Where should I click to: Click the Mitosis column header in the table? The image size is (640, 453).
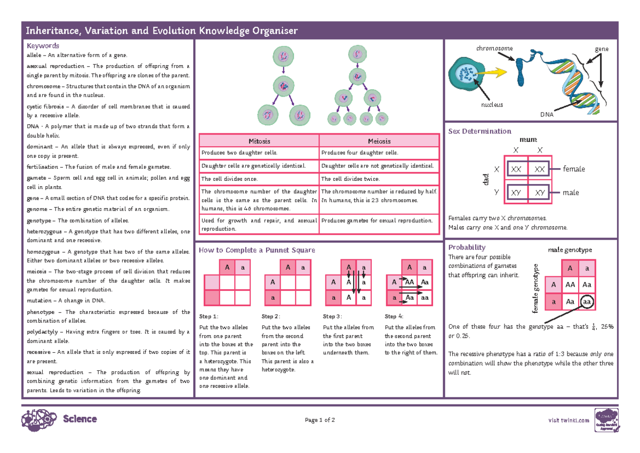[x=259, y=141]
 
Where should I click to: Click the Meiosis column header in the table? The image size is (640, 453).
[x=379, y=141]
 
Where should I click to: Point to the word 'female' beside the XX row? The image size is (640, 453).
[x=574, y=169]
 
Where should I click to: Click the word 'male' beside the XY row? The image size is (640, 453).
[x=570, y=193]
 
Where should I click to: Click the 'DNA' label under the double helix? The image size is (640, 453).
[x=546, y=115]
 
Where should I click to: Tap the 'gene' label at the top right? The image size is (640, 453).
[x=602, y=49]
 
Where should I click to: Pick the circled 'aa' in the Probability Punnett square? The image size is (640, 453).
[x=587, y=302]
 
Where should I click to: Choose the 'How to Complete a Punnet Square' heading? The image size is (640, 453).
[x=257, y=250]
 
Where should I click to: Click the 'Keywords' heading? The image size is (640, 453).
[x=43, y=46]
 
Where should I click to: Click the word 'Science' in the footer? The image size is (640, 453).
[x=79, y=419]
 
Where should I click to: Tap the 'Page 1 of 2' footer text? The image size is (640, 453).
[x=319, y=420]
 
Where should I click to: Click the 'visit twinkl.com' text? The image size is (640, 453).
[x=569, y=420]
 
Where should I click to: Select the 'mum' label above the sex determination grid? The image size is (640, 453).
[x=528, y=139]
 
